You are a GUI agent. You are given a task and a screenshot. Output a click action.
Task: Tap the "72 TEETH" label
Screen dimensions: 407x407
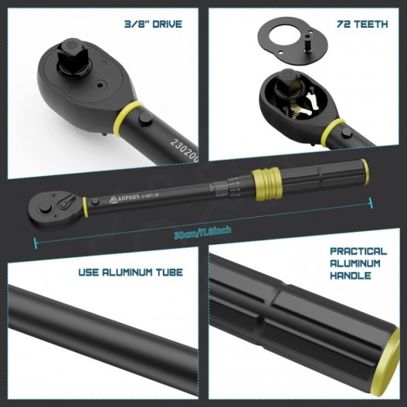[x=363, y=24]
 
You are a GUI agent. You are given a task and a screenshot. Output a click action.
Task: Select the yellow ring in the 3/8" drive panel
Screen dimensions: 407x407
[x=130, y=115]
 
